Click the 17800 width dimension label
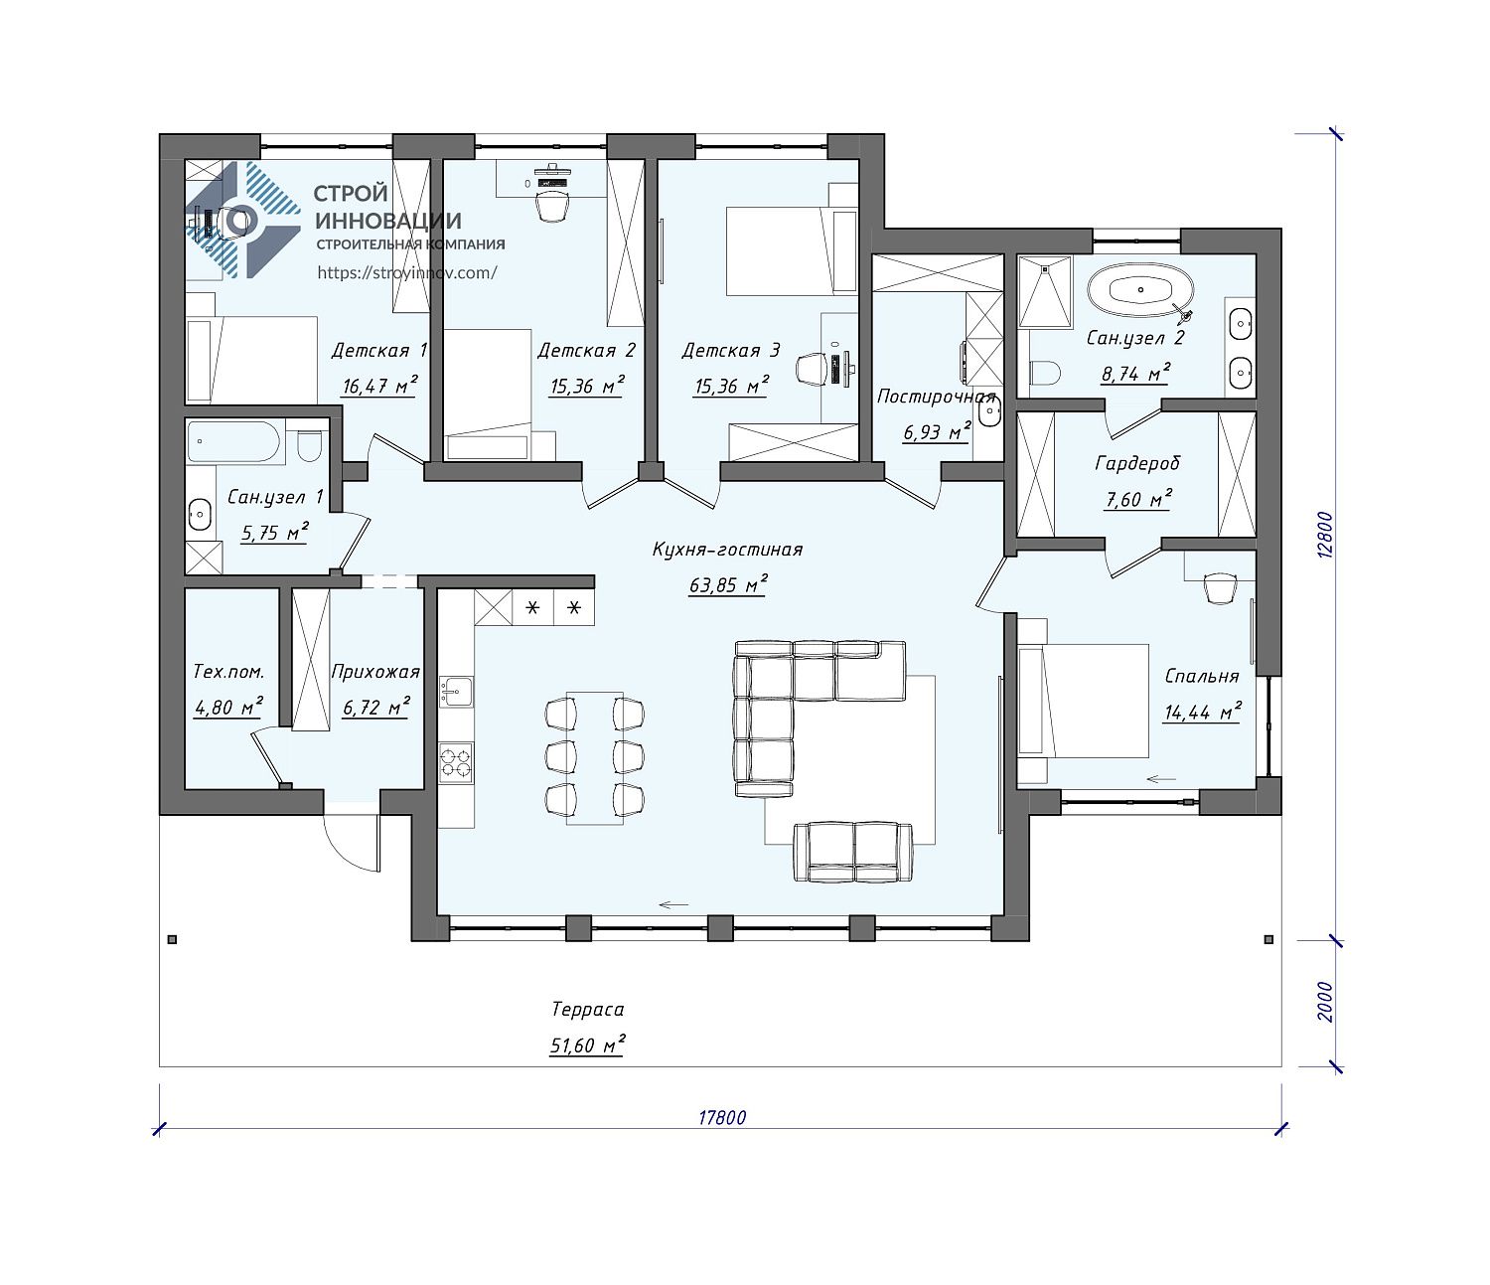[721, 1118]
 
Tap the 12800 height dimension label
[1323, 535]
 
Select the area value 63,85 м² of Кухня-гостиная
[727, 584]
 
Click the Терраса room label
[587, 1009]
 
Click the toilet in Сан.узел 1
[309, 445]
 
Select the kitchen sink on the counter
[456, 692]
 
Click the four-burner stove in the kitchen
[456, 762]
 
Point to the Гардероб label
[1136, 464]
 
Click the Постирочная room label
[936, 397]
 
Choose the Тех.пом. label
[228, 672]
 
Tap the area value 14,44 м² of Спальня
[1202, 712]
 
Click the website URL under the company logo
[406, 272]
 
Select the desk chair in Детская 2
[552, 209]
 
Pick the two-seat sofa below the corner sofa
[853, 853]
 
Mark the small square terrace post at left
[172, 939]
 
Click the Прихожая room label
[374, 672]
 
